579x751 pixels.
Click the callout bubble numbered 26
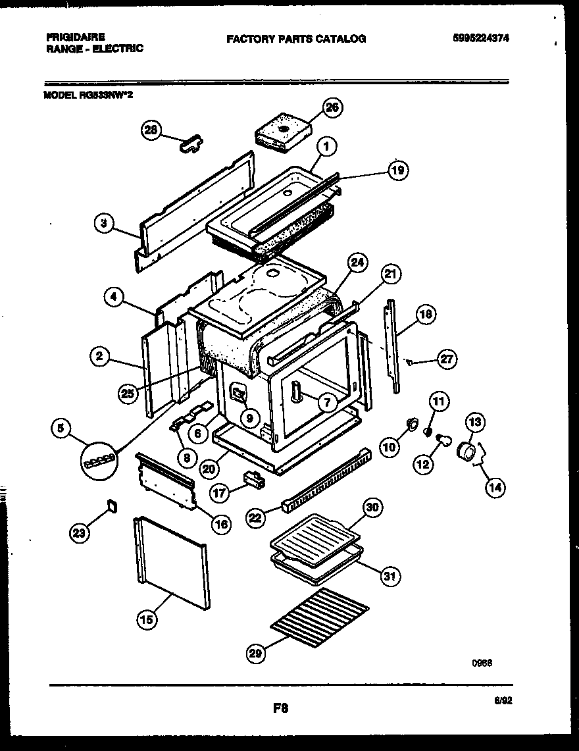pyautogui.click(x=333, y=109)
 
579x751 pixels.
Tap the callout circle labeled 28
pyautogui.click(x=151, y=130)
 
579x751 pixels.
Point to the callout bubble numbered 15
pyautogui.click(x=147, y=619)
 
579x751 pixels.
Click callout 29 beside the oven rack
pyautogui.click(x=256, y=654)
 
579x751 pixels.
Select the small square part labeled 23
pyautogui.click(x=111, y=505)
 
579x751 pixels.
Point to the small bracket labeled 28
pyautogui.click(x=191, y=143)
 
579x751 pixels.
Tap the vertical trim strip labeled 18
pyautogui.click(x=393, y=346)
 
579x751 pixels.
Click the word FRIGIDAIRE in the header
pyautogui.click(x=76, y=38)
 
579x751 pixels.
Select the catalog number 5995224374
pyautogui.click(x=481, y=38)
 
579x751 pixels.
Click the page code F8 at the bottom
pyautogui.click(x=281, y=709)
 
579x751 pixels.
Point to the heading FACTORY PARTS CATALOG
pyautogui.click(x=296, y=39)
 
